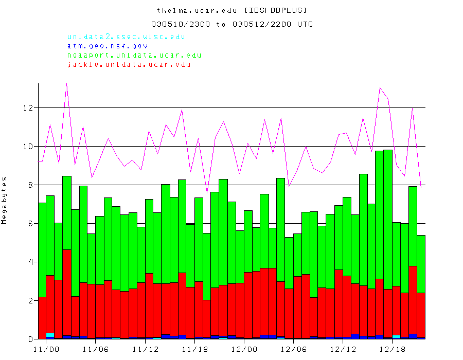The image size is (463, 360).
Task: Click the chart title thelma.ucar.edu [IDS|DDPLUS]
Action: [232, 10]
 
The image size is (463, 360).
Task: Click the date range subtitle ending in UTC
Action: [232, 24]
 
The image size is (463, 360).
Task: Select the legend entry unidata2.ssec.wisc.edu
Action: [126, 37]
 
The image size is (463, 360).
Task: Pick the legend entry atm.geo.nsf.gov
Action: [108, 46]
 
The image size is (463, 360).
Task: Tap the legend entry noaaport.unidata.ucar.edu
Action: [134, 56]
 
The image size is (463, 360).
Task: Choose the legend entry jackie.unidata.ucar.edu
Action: [129, 65]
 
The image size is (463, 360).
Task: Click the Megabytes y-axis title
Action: [5, 200]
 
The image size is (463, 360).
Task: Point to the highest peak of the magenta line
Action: [66, 84]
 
